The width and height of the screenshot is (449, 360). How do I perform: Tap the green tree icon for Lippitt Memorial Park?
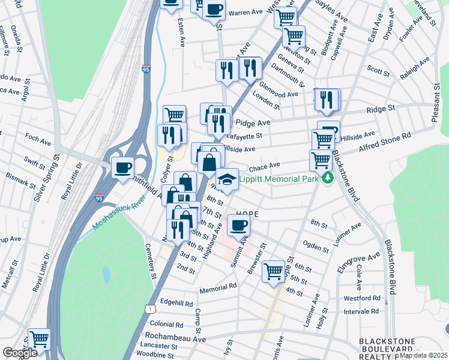[327, 178]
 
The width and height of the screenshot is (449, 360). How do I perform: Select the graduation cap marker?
[227, 181]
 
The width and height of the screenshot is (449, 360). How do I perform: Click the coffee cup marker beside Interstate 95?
[123, 167]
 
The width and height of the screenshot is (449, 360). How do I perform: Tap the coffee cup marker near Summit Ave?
[239, 226]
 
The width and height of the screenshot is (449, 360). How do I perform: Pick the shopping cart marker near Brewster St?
[273, 271]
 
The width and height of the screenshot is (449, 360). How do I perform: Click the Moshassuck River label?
[119, 212]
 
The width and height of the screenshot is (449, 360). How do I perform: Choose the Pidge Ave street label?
[253, 122]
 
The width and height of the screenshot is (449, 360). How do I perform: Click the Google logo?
[20, 353]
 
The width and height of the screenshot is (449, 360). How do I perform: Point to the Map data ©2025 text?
[424, 355]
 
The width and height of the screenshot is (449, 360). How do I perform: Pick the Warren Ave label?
[246, 12]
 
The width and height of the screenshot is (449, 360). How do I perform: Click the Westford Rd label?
[360, 298]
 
